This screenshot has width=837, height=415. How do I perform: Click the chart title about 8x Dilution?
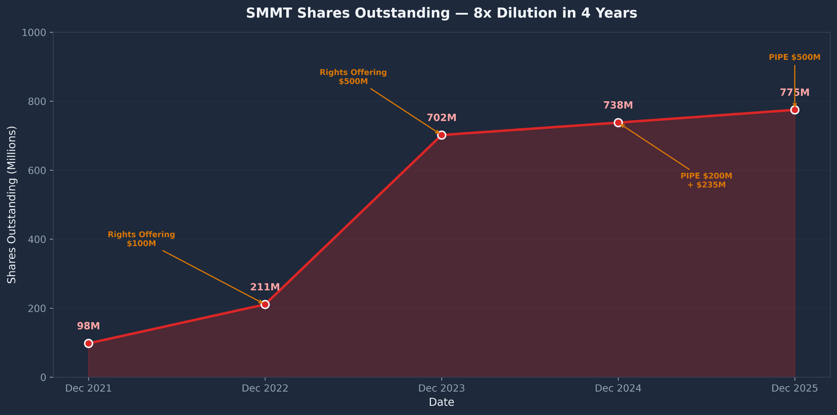[442, 13]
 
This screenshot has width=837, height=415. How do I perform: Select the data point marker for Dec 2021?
[89, 343]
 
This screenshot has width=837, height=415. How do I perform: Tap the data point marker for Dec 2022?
[265, 305]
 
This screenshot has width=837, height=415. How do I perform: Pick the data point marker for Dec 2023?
[442, 135]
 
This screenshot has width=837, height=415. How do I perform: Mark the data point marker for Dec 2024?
[618, 123]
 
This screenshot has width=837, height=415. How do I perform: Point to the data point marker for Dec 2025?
[795, 110]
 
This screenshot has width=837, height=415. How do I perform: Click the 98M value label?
[89, 326]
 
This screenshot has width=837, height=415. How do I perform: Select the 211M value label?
[265, 287]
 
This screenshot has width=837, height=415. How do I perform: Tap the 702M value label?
[442, 118]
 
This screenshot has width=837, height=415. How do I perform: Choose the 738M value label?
[618, 105]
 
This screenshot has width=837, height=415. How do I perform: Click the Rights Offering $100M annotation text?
[141, 239]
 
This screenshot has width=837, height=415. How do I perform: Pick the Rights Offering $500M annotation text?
[353, 77]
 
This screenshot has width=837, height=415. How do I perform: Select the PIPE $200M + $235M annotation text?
[706, 180]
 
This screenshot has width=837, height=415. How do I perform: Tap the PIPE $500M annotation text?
[795, 57]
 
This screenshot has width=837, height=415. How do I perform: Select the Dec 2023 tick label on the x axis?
[442, 388]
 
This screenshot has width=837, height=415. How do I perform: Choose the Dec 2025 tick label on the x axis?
[795, 388]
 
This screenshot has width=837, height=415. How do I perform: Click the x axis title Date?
[442, 402]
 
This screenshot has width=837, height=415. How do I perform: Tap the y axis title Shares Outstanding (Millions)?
[12, 205]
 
